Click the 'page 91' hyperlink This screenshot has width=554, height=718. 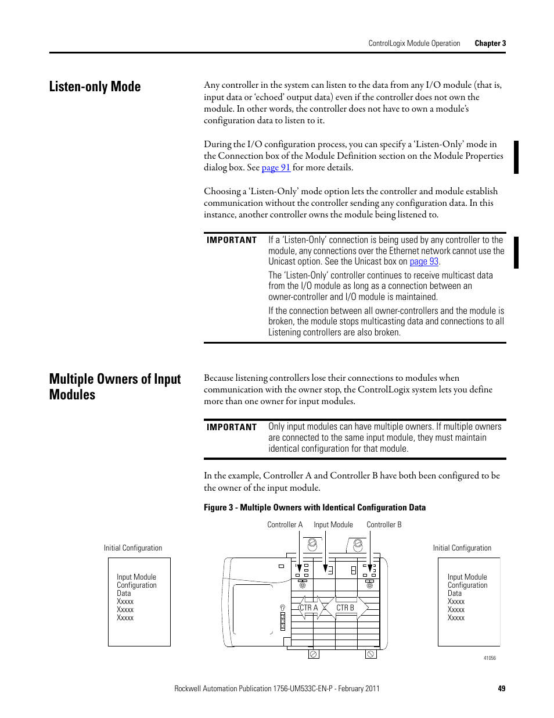pyautogui.click(x=276, y=167)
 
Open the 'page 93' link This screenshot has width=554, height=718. pyautogui.click(x=424, y=262)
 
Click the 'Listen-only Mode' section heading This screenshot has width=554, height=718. pyautogui.click(x=95, y=87)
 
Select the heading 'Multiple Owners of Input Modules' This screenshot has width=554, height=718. pyautogui.click(x=115, y=387)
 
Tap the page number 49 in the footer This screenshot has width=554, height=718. pyautogui.click(x=502, y=688)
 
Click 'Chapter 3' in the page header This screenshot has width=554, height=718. pyautogui.click(x=490, y=43)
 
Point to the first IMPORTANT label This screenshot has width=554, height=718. pyautogui.click(x=232, y=240)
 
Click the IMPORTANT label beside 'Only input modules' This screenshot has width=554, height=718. pyautogui.click(x=232, y=427)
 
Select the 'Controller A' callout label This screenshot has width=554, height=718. pyautogui.click(x=285, y=524)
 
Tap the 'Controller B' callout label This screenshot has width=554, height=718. pyautogui.click(x=384, y=524)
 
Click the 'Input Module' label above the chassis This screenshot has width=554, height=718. pyautogui.click(x=333, y=524)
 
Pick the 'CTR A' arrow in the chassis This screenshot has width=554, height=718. pyautogui.click(x=308, y=608)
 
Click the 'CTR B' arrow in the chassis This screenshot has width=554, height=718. pyautogui.click(x=347, y=608)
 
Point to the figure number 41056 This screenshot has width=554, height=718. pyautogui.click(x=490, y=658)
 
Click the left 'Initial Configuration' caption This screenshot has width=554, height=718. pyautogui.click(x=133, y=548)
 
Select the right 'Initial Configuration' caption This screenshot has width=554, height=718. pyautogui.click(x=462, y=548)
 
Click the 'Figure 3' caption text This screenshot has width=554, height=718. pyautogui.click(x=314, y=508)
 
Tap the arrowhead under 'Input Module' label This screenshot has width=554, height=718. pyautogui.click(x=326, y=569)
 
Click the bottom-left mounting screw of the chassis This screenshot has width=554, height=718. pyautogui.click(x=313, y=654)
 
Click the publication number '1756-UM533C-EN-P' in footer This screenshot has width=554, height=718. pyautogui.click(x=303, y=688)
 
